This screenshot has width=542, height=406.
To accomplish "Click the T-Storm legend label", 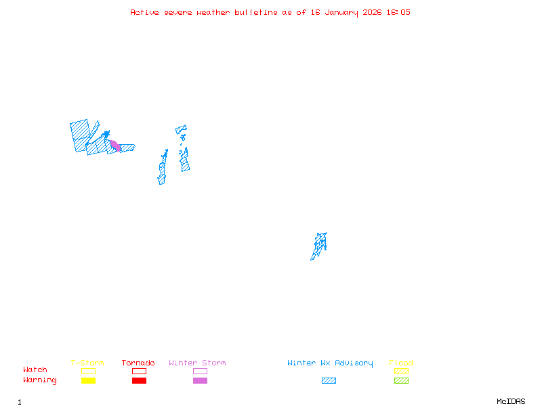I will (87, 363).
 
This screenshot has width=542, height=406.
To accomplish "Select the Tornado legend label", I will (138, 363).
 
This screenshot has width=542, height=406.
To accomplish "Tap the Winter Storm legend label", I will (197, 363).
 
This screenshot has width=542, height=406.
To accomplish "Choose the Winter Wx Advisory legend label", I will (330, 363).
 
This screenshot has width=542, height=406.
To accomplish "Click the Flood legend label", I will (401, 363).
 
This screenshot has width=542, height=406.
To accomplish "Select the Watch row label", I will (35, 370).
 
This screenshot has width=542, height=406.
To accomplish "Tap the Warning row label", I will (40, 380).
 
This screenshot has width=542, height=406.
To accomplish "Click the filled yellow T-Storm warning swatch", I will (88, 381).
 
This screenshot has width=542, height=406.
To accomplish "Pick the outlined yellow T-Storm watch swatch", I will (88, 371).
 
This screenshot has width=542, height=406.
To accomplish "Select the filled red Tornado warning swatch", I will (139, 381).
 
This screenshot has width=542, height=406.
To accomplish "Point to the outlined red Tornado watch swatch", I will (139, 371).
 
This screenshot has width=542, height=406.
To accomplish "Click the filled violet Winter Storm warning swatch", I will (200, 381).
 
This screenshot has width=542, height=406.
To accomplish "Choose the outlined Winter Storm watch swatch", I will (200, 371).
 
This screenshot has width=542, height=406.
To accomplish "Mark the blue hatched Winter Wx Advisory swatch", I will (329, 381).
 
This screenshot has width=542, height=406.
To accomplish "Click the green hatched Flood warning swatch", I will (401, 381).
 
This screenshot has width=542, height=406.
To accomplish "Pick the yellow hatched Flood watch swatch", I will (401, 371).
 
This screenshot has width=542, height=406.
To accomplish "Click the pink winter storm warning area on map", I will (115, 145).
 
